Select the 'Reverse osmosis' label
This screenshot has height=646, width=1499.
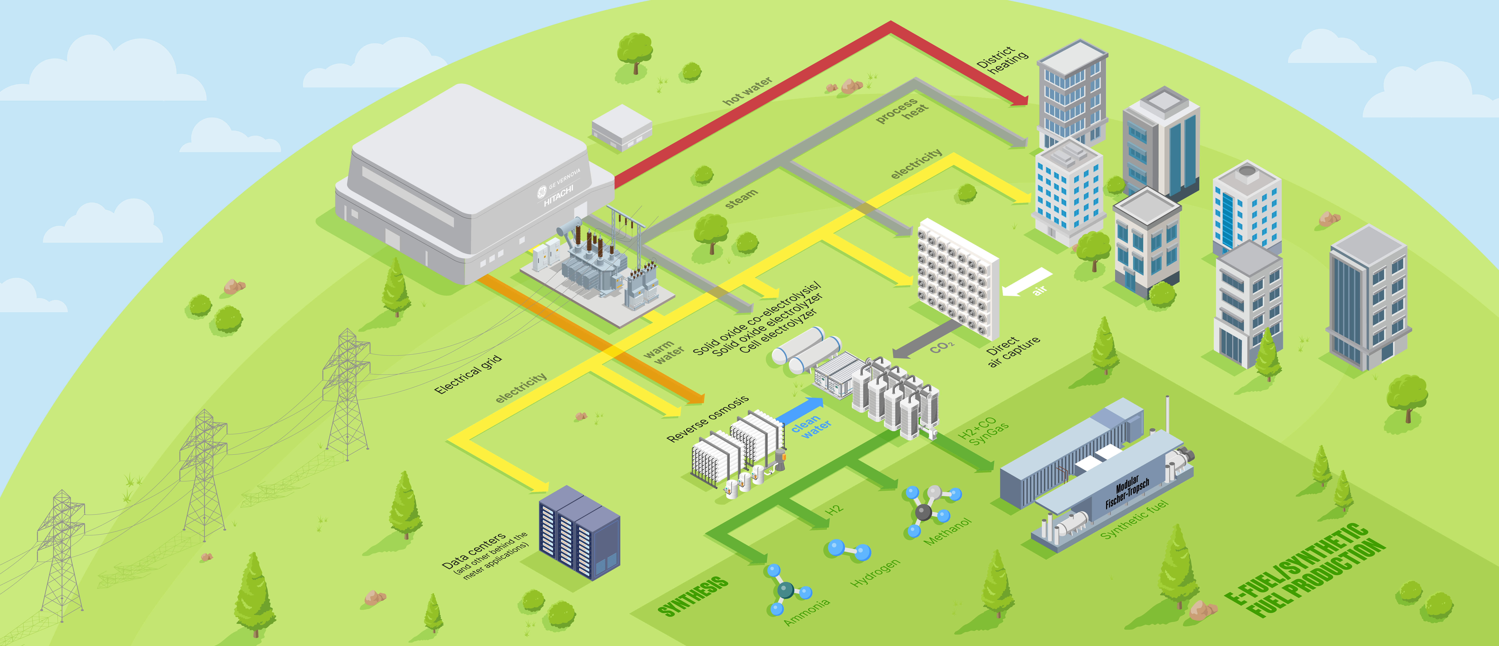point(707,419)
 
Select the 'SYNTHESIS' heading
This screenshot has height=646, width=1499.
point(692,597)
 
